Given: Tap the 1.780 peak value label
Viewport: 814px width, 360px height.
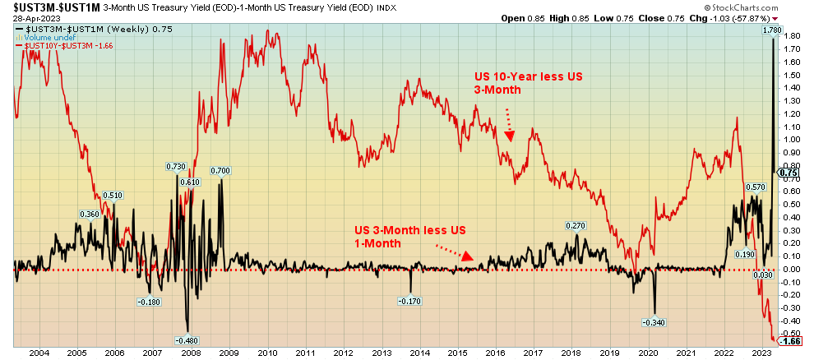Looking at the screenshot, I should [770, 30].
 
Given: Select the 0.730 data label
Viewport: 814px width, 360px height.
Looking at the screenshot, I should [176, 167].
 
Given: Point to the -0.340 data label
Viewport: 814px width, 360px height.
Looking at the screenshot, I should [654, 321].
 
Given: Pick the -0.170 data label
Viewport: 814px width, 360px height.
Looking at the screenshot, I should [410, 302].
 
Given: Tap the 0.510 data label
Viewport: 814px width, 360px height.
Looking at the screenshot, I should [112, 196].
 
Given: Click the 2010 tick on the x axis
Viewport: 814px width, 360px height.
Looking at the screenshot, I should [267, 353].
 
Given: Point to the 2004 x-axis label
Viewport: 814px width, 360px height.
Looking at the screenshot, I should [39, 353].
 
